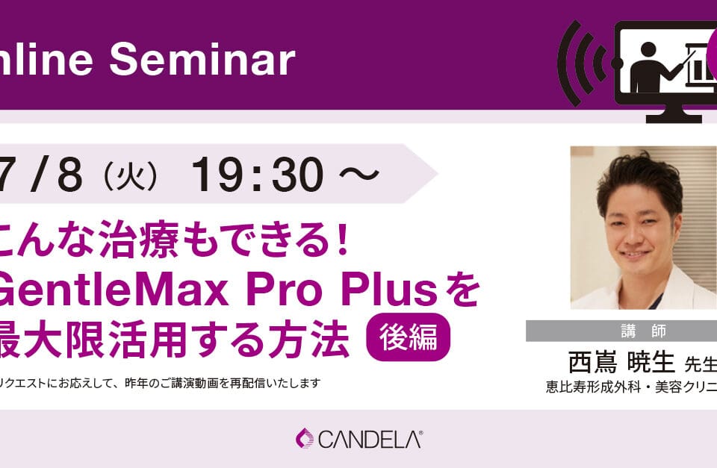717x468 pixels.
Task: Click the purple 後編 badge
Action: pyautogui.click(x=408, y=337)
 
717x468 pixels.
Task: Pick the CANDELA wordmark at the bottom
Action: pyautogui.click(x=370, y=439)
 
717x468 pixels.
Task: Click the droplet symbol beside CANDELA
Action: pyautogui.click(x=305, y=438)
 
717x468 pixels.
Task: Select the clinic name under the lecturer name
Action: pyautogui.click(x=631, y=388)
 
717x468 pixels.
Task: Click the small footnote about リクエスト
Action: pyautogui.click(x=161, y=384)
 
